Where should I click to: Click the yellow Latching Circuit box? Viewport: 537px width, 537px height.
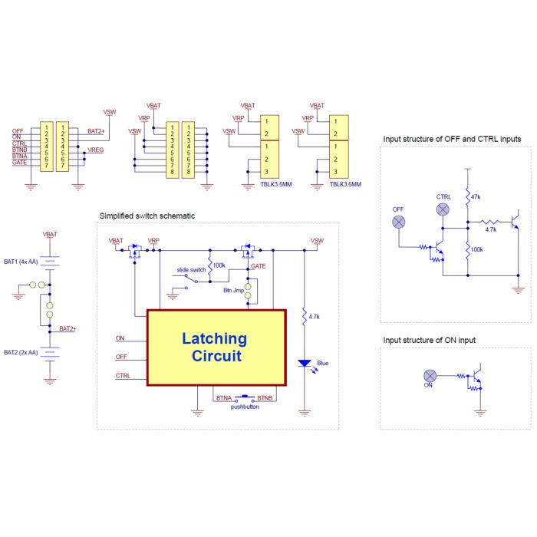tap(216, 348)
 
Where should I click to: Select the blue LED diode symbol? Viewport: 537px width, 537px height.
tap(304, 363)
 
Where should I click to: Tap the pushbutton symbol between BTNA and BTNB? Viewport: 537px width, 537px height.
tap(245, 398)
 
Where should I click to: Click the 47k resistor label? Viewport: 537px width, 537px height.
tap(476, 197)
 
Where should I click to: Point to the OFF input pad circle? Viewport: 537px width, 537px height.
tap(398, 222)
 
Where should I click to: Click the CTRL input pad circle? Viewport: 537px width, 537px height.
tap(443, 209)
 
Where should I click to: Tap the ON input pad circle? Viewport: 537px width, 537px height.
tap(430, 376)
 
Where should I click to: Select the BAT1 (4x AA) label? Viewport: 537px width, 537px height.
tap(21, 262)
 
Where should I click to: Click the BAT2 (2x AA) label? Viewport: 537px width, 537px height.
tap(21, 352)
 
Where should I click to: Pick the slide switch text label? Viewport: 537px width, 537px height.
tap(191, 270)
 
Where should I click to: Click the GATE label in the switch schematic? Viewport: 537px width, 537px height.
tap(259, 266)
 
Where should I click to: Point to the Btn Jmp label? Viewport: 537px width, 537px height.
tap(233, 290)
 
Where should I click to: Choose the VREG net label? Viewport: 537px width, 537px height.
tap(95, 150)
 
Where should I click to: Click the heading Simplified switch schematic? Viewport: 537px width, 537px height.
tap(147, 216)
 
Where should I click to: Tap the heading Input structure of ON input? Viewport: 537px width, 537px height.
tap(429, 340)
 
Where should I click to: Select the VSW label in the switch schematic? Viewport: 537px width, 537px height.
tap(317, 241)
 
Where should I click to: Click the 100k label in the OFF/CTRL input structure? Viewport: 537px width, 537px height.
tap(476, 249)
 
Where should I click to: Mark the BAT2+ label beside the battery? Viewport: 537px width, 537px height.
tap(68, 329)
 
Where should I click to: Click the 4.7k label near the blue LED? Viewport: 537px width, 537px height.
tap(314, 317)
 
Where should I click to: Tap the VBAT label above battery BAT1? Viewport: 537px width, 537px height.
tap(50, 234)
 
